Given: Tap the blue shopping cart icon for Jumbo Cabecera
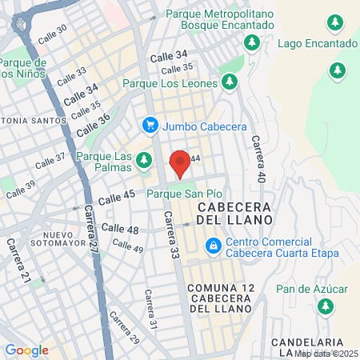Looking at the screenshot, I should click(150, 125).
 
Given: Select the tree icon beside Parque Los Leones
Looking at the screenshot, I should click(230, 82).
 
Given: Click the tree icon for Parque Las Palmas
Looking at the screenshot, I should click(144, 161).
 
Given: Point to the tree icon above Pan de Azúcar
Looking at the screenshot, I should click(326, 306).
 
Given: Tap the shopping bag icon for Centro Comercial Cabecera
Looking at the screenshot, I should click(214, 246).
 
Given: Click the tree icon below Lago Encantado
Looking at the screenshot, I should click(337, 70).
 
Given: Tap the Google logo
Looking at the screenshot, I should click(26, 350).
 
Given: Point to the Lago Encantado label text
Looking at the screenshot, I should click(317, 43).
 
